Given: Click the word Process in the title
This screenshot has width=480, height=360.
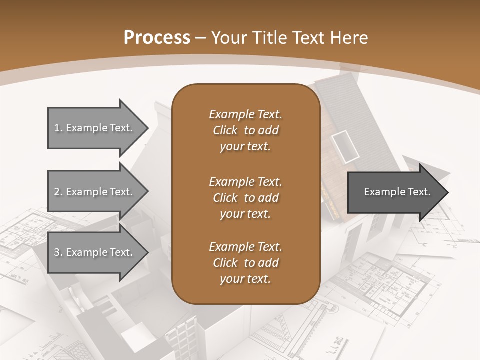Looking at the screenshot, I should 157,38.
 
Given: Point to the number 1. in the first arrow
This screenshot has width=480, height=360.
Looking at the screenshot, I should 58,128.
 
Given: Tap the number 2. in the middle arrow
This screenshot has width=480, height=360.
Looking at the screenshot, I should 58,192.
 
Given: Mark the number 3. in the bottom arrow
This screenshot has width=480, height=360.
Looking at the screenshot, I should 58,252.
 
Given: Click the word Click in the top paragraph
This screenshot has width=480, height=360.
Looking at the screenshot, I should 225,130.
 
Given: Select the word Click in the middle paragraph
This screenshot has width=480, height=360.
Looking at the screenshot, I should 225,198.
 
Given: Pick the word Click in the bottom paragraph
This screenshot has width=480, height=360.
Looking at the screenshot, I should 225,263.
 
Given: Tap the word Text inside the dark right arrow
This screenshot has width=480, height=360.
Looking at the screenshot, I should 420,192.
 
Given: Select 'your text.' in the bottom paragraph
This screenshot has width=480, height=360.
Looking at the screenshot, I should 245,279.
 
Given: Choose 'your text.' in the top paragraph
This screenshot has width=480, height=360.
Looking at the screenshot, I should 245,147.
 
